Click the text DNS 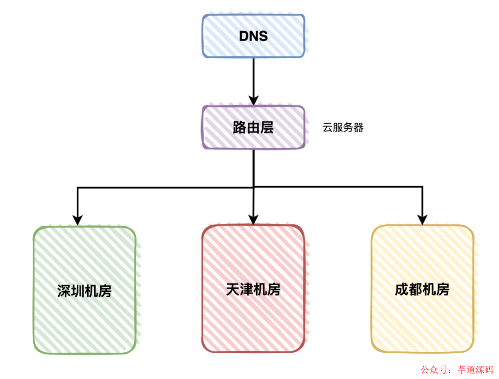coord(253,36)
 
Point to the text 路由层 coord(253,127)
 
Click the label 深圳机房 coord(85,291)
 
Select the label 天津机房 coord(253,289)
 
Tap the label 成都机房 coord(422,289)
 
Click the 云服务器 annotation coord(343,128)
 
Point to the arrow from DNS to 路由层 coord(253,78)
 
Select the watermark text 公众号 coord(433,370)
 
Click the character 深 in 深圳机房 coord(64,291)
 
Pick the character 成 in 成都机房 coord(402,289)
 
